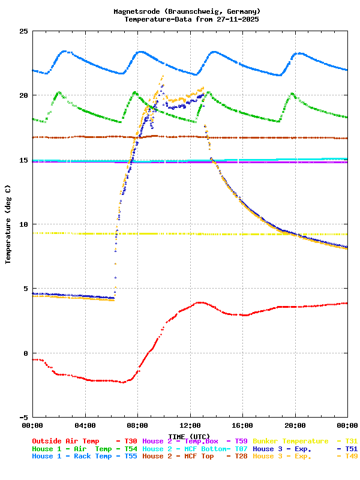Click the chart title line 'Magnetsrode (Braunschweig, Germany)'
click(187, 11)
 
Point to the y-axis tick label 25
click(23, 31)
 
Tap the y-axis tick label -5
click(23, 417)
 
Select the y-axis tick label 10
click(23, 224)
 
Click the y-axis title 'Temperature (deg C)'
click(8, 224)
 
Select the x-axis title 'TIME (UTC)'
click(189, 436)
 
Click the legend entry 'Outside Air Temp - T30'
click(84, 441)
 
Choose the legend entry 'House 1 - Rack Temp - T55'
click(84, 456)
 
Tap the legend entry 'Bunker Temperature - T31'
click(305, 441)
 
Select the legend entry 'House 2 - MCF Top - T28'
click(194, 456)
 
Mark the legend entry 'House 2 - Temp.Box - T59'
click(194, 441)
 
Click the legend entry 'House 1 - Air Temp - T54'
click(84, 449)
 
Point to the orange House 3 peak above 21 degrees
click(163, 76)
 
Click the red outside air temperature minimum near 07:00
click(122, 382)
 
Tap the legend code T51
click(351, 449)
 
